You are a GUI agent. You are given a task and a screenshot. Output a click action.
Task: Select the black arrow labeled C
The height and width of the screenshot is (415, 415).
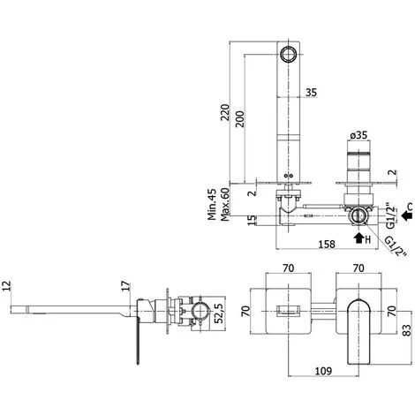click(405, 212)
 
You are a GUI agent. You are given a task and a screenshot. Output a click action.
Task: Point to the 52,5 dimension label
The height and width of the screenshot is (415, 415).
click(218, 313)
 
